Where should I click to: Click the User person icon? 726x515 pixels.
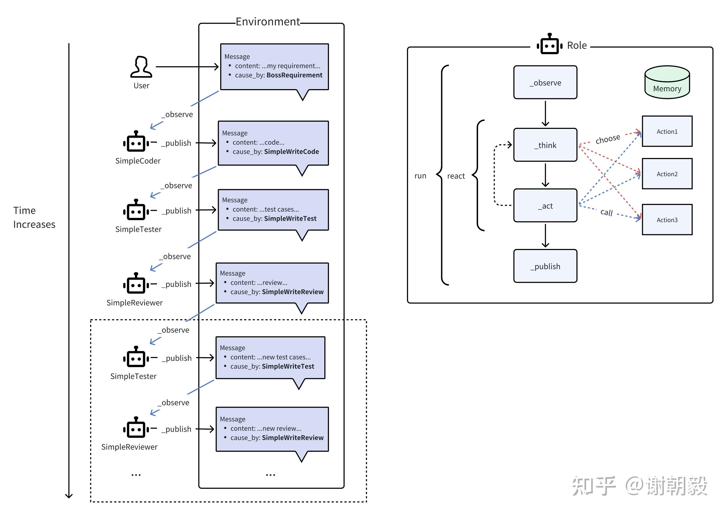point(141,67)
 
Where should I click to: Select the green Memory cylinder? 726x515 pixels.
point(667,82)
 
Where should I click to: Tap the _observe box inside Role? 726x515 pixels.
point(545,82)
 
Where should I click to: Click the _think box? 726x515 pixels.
point(545,145)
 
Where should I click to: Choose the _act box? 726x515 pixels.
point(545,205)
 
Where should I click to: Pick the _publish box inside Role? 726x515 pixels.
point(545,266)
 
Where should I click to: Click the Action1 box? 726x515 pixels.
point(667,131)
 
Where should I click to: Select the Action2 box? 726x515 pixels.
point(667,174)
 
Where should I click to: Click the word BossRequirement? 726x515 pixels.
point(294,75)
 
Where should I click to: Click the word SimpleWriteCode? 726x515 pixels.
point(291,152)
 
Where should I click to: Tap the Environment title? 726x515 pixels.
point(268,22)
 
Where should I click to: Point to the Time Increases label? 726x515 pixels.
point(34,217)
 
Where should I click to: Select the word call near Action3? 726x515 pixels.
point(607,212)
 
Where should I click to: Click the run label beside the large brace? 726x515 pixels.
point(420,176)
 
